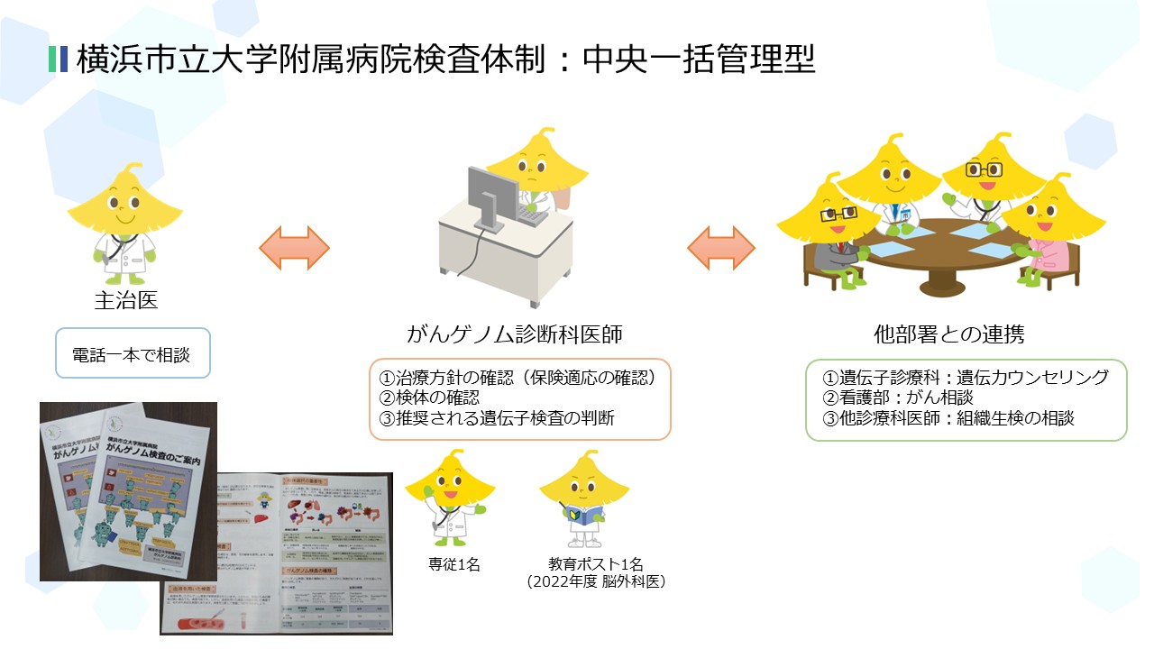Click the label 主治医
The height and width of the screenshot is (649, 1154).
tap(125, 300)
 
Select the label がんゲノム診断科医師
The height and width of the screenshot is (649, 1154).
tap(515, 334)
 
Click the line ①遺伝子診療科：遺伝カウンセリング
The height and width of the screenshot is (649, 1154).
tap(965, 377)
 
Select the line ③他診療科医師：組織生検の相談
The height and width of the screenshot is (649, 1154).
tap(948, 417)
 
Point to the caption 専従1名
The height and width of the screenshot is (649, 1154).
tap(454, 564)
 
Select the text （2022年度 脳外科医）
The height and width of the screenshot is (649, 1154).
tap(596, 582)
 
